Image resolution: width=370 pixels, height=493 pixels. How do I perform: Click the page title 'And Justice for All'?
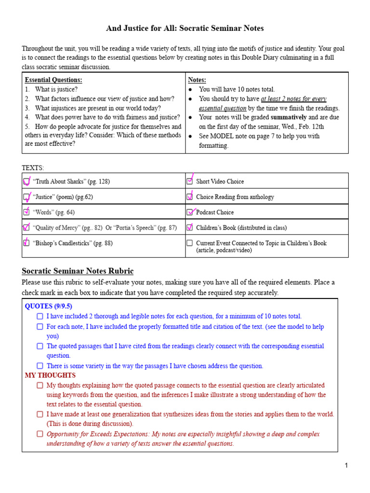pos(185,28)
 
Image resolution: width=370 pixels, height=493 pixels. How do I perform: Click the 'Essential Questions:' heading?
pos(53,80)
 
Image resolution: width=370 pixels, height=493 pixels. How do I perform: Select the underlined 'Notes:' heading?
pos(197,80)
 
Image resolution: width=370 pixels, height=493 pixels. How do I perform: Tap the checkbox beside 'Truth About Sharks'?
pos(26,182)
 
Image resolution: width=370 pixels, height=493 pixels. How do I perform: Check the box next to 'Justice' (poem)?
pos(26,197)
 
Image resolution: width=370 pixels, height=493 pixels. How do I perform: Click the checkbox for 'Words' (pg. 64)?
pos(26,212)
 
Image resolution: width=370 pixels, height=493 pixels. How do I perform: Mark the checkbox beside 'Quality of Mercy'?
pos(26,227)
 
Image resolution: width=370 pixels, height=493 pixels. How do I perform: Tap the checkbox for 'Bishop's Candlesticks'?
pos(26,243)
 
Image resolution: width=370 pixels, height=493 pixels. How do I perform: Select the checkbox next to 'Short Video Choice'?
pos(190,182)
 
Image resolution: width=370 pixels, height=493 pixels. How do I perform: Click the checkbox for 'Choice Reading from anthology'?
pos(190,197)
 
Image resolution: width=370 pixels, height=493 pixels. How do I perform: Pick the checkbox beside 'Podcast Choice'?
pos(190,212)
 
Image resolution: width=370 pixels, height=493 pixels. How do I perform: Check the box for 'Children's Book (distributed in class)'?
pos(190,227)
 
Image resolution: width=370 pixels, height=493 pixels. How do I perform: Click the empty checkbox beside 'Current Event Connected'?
pos(190,243)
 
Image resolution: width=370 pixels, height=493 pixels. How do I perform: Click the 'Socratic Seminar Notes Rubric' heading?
pos(78,271)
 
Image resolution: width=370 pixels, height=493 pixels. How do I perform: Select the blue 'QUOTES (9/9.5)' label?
pos(48,306)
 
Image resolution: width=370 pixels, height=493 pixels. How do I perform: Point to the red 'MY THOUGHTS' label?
pos(50,375)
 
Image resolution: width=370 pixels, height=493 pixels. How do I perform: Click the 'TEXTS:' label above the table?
pos(33,168)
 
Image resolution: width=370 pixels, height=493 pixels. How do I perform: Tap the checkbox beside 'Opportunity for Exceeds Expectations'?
pos(40,434)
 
